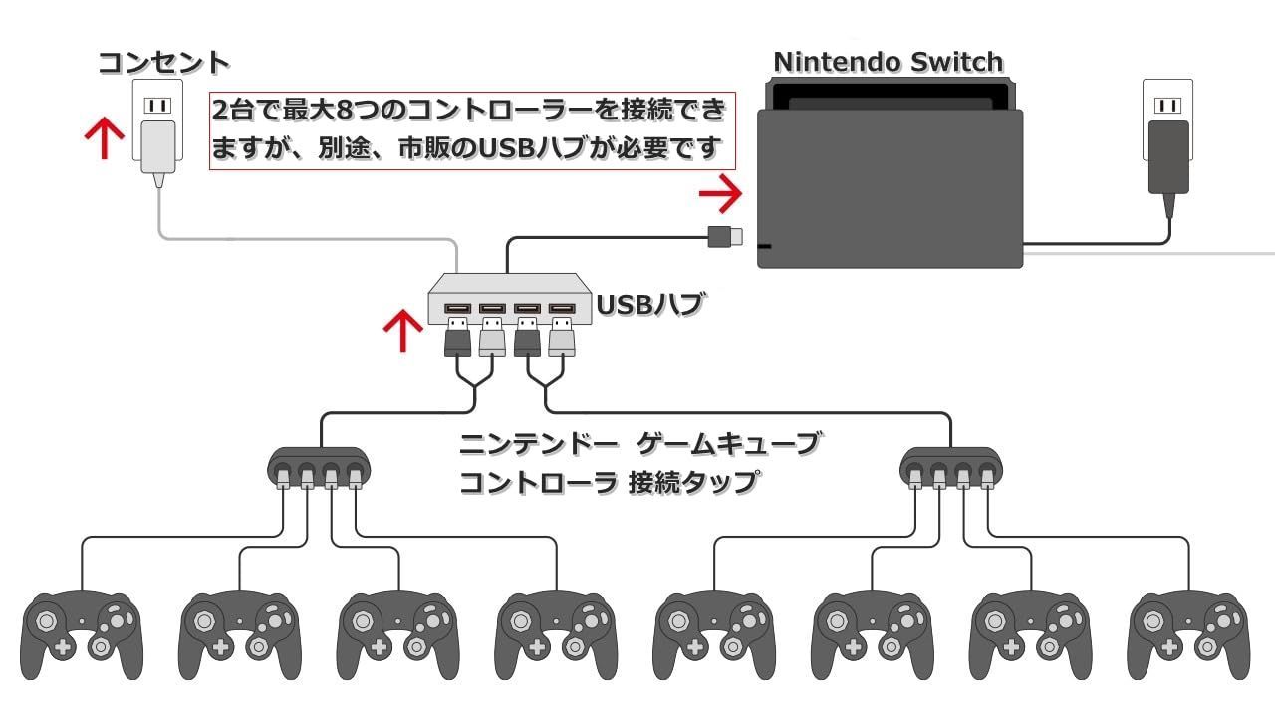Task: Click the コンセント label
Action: click(x=163, y=63)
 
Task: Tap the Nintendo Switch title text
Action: click(x=888, y=62)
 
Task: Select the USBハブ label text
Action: click(x=649, y=305)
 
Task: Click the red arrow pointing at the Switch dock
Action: click(x=720, y=193)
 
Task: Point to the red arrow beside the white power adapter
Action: click(x=105, y=138)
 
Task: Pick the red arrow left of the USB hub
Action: click(x=403, y=330)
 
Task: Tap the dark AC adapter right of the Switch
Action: click(x=1168, y=165)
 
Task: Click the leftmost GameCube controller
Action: click(x=82, y=635)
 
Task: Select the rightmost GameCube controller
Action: click(x=1188, y=635)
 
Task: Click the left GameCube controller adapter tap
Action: click(x=319, y=468)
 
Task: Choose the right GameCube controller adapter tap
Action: click(x=951, y=468)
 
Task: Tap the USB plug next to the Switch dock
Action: click(x=725, y=237)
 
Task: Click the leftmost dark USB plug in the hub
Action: click(x=457, y=337)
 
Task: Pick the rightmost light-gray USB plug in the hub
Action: click(x=561, y=337)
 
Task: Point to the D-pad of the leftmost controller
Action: click(x=63, y=647)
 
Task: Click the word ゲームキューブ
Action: click(x=728, y=444)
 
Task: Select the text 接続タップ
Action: click(x=692, y=483)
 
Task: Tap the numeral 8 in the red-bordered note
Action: click(x=346, y=111)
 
